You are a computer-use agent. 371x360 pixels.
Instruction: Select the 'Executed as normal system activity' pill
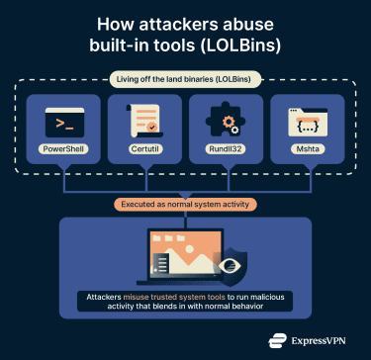185,206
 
